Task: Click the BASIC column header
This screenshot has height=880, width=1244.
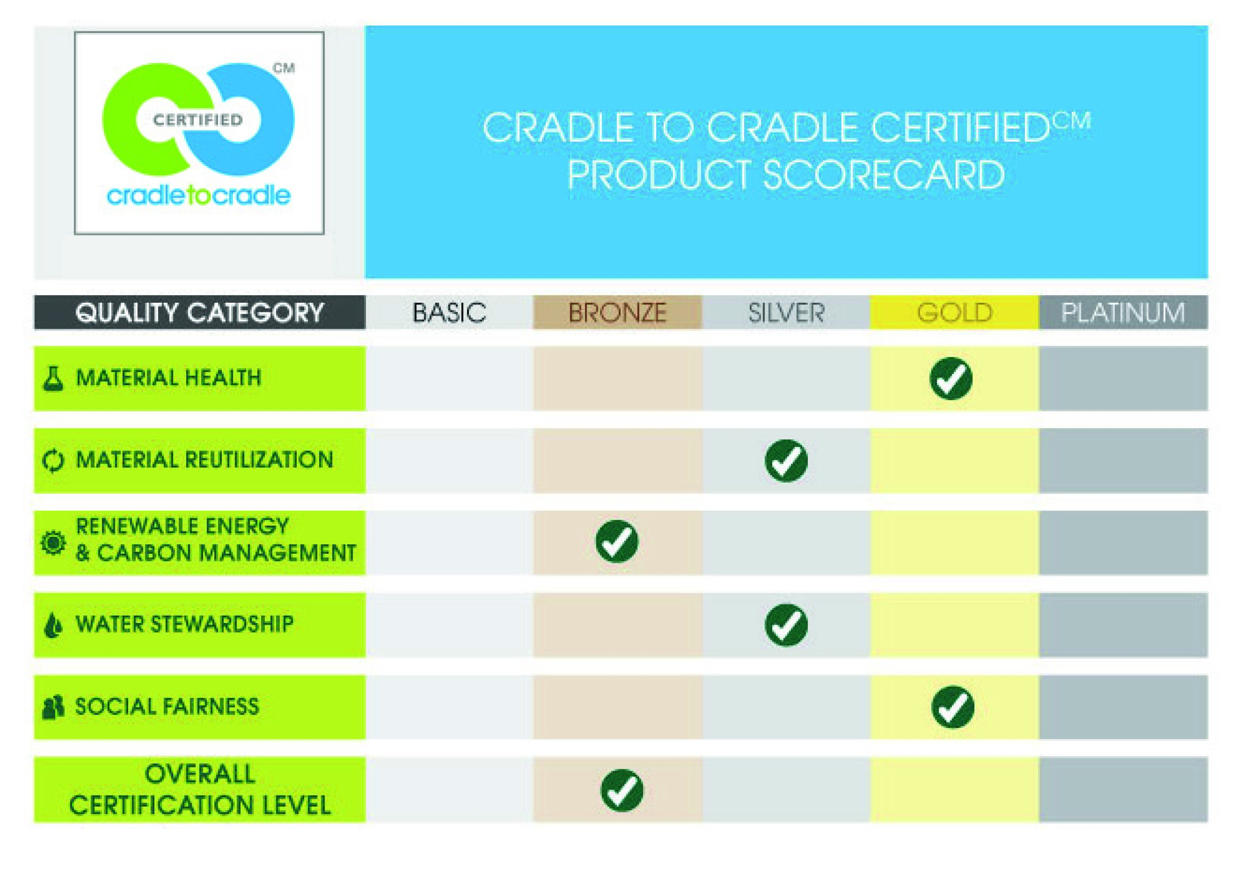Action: (449, 313)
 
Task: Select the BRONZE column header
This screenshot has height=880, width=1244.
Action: (617, 313)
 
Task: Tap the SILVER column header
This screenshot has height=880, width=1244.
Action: (786, 313)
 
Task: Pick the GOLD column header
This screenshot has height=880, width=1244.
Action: (955, 313)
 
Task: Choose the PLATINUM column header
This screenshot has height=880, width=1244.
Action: (1123, 313)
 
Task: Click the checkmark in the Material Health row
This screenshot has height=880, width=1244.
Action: (951, 378)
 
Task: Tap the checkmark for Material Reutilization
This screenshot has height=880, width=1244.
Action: (786, 461)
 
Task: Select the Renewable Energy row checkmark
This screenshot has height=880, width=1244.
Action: (617, 541)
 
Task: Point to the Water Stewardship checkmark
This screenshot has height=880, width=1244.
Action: (786, 625)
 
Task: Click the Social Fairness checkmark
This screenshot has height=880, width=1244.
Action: (953, 707)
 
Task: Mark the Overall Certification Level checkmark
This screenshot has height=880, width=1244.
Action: (622, 791)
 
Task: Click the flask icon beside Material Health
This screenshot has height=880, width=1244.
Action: (53, 378)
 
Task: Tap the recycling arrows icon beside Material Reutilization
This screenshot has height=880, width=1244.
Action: (53, 461)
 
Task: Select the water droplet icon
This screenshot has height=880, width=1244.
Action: (53, 625)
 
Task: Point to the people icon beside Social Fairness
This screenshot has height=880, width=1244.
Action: (53, 707)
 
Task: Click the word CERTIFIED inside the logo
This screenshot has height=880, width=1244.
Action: (198, 120)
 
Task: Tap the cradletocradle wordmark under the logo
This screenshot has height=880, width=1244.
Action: (198, 195)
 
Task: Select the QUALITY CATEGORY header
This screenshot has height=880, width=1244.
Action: (199, 313)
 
